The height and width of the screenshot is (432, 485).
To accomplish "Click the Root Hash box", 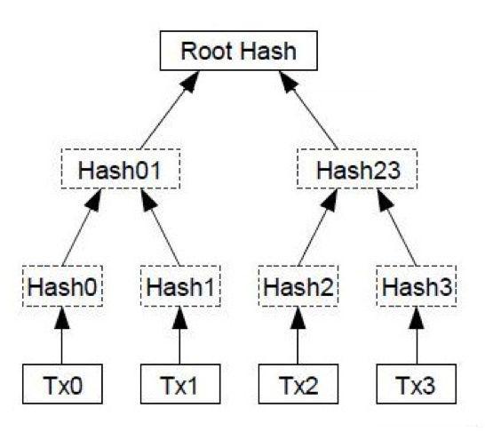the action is pos(238,51).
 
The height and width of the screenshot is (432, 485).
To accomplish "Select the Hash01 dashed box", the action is pos(121,169).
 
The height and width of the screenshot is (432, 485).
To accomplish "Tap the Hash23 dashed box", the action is pos(357,169).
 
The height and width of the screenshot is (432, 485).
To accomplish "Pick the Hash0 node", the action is pos(62,286).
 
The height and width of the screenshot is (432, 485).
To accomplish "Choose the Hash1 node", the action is pos(180,286).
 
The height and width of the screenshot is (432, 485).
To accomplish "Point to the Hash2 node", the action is pos(298,286).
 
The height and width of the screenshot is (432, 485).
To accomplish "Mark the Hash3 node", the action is pos(417,286).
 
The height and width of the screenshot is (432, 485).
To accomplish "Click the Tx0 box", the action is pos(62,384).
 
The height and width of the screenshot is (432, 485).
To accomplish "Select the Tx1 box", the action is pos(180,384).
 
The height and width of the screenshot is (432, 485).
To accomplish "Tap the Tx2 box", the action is pos(298,384).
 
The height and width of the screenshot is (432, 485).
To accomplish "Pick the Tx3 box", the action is pos(417,384).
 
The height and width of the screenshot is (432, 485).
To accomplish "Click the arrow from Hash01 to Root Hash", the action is pos(170,110).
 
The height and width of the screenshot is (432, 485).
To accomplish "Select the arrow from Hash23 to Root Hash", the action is pos(308,110).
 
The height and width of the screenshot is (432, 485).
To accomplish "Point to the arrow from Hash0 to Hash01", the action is pos(82,228).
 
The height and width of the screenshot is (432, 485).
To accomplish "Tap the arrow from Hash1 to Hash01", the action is pos(160,228).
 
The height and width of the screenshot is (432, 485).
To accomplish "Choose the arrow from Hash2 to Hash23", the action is pos(318,228).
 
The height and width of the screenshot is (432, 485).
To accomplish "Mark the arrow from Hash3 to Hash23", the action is pos(396,228).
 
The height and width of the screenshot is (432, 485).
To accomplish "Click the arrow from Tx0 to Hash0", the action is pos(62,335).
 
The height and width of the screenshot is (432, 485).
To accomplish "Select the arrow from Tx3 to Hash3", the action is pos(417,335).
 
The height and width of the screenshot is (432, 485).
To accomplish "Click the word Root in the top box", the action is pos(207,51).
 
